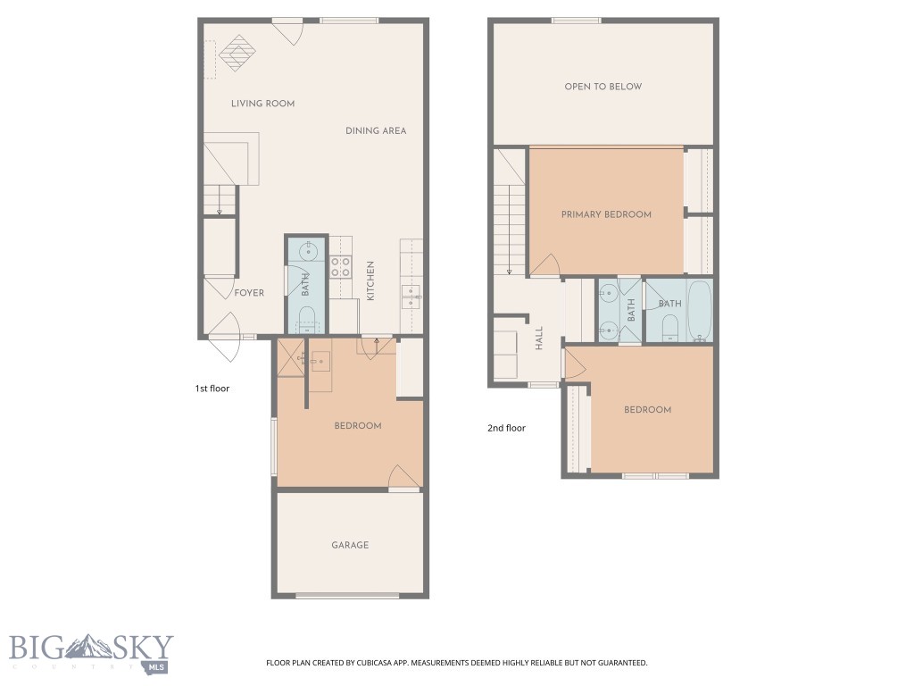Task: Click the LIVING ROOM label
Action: [x=262, y=104]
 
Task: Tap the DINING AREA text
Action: [x=376, y=131]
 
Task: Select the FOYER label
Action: [x=249, y=293]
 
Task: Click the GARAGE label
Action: [x=350, y=545]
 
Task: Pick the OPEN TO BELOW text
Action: [x=602, y=87]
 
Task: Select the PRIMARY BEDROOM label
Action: [x=606, y=214]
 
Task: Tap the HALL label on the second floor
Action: [x=539, y=338]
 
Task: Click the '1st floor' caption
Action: [x=212, y=389]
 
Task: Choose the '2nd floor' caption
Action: [x=506, y=428]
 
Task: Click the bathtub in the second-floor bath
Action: [x=697, y=310]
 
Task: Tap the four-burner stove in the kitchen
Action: [x=340, y=266]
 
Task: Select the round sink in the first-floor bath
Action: [x=306, y=251]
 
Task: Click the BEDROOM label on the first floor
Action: [x=358, y=426]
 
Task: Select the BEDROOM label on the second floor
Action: [x=647, y=410]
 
